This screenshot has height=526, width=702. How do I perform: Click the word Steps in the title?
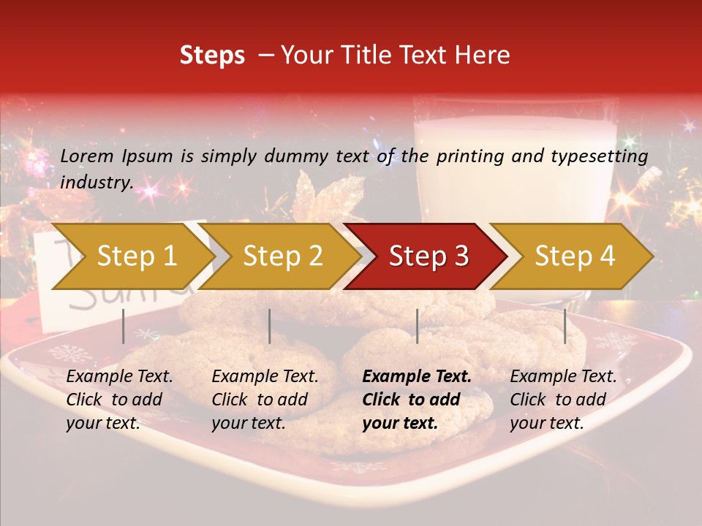(212, 56)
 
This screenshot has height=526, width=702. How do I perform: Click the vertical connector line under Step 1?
(124, 326)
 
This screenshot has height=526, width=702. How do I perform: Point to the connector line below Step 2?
(270, 326)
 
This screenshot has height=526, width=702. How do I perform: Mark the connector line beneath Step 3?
(417, 326)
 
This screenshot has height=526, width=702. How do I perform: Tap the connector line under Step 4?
(565, 326)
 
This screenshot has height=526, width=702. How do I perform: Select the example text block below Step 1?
(119, 400)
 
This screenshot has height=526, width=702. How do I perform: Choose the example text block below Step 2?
(265, 400)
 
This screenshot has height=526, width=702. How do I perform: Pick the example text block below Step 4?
(563, 400)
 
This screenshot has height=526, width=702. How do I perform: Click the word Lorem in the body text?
(87, 156)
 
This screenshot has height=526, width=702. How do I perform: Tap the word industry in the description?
(97, 183)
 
